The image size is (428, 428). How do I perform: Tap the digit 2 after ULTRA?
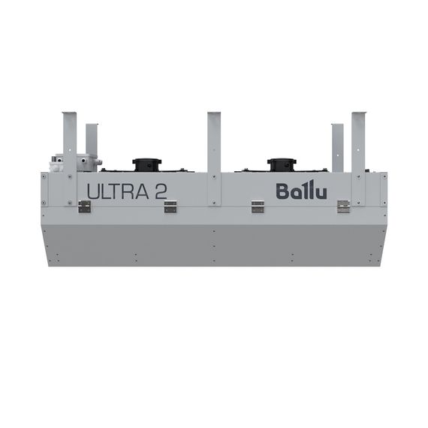coord(161,191)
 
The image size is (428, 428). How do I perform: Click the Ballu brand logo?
coord(301,190)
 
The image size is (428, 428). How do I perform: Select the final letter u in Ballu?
coord(320,192)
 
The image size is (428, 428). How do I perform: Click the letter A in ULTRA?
coord(143,191)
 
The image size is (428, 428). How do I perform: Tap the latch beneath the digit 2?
coord(170,206)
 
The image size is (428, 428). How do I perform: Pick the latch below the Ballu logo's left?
coord(258,206)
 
